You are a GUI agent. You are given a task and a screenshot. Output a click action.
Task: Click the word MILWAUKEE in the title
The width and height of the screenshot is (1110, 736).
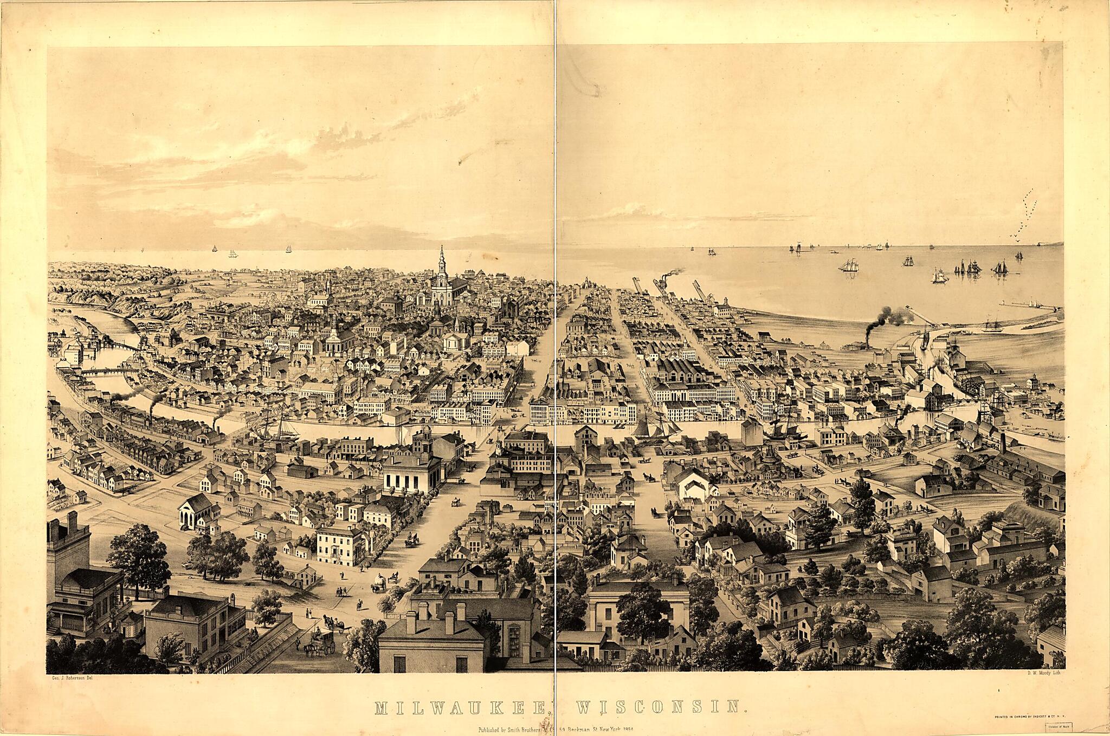point(458,706)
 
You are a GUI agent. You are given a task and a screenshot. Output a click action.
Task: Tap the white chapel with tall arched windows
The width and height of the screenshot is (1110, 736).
point(195,510)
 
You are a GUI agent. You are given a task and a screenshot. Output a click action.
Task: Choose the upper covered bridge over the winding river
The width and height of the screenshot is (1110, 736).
point(122,346)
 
